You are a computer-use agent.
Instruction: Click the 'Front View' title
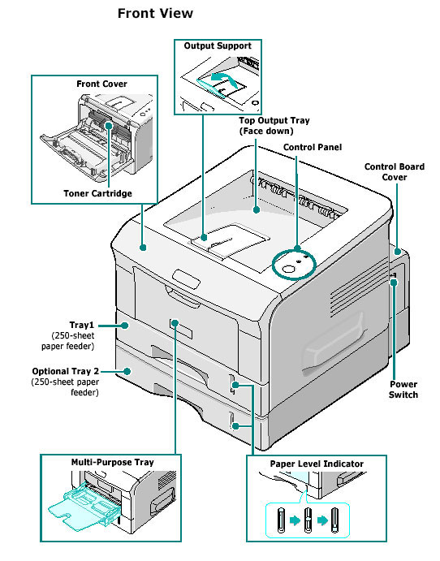point(155,14)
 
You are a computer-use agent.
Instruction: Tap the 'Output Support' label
point(217,45)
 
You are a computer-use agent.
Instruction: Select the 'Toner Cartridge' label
point(97,193)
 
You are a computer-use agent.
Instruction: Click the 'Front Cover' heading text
point(101,84)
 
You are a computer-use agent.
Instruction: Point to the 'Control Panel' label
point(312,147)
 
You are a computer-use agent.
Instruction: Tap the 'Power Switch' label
point(403,389)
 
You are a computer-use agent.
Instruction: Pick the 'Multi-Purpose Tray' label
point(111,462)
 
